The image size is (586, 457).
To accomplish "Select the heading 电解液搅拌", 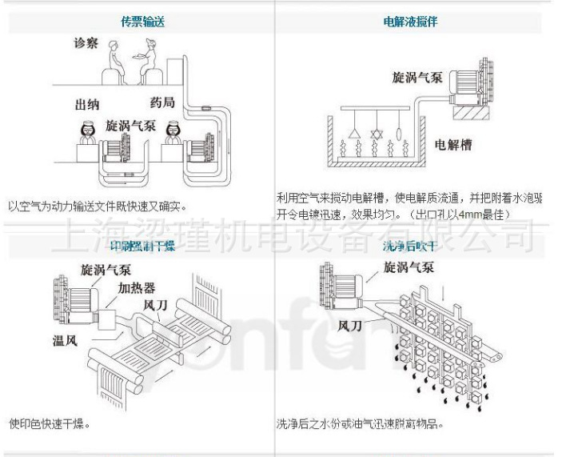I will [x=410, y=22].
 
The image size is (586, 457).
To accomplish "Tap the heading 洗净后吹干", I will [x=409, y=246].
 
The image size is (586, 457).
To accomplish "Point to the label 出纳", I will [x=86, y=105].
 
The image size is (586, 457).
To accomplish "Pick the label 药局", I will [x=162, y=102].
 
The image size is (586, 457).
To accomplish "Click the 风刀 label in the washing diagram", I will [x=353, y=327].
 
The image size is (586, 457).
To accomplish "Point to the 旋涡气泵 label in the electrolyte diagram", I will [x=416, y=78].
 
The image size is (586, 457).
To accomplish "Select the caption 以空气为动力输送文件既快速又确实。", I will [x=97, y=206].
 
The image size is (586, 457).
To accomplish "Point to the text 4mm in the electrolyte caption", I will [x=481, y=215].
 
